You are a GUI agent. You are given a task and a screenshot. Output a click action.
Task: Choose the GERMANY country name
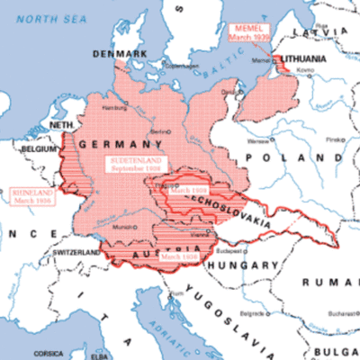112,144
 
